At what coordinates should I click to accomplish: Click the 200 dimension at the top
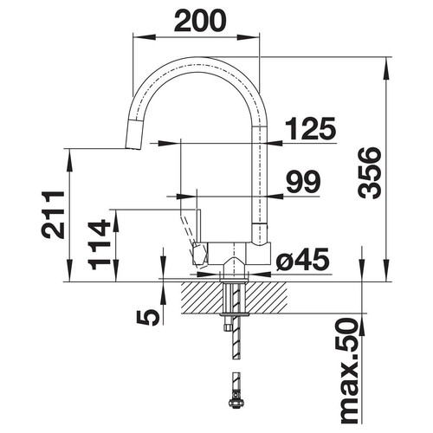199,21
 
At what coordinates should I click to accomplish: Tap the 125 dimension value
310,128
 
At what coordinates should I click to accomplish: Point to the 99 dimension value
303,182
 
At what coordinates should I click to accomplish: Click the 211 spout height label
53,215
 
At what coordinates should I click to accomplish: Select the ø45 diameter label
302,260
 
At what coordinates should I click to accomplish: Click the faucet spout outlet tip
133,148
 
